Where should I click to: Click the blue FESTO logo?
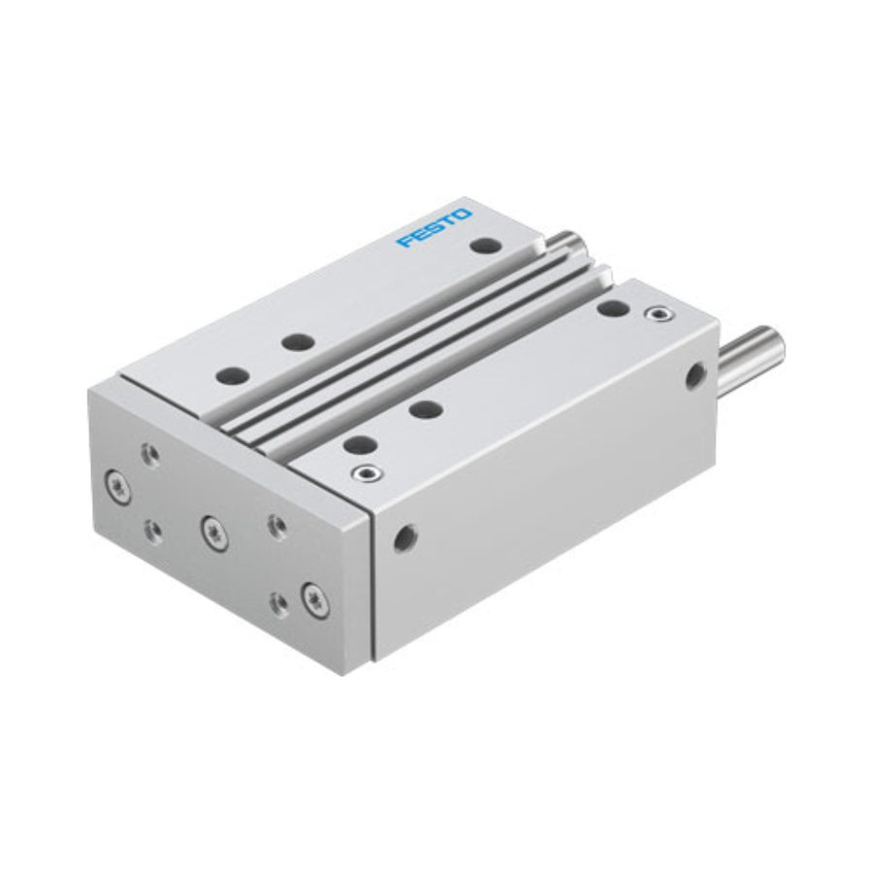tap(435, 227)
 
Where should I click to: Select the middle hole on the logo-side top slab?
tap(298, 341)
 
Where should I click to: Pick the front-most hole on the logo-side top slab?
tap(233, 375)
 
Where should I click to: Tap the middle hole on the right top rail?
tap(426, 409)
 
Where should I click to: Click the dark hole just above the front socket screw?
tap(360, 445)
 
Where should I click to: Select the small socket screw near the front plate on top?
tap(368, 473)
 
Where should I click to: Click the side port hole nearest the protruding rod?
tap(695, 375)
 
